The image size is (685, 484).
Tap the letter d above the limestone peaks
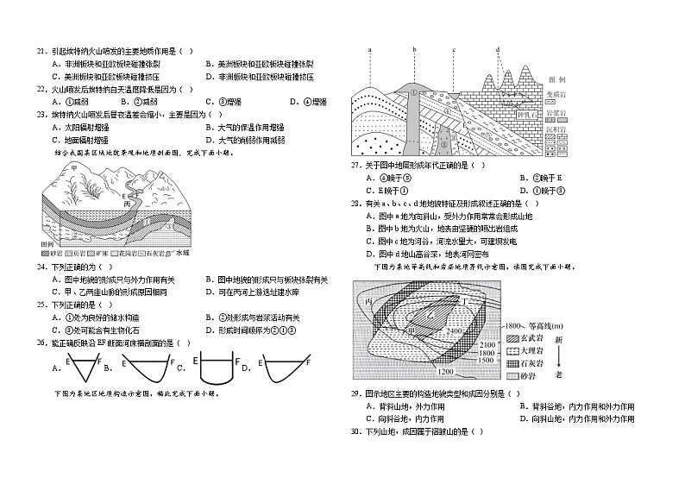[498, 50]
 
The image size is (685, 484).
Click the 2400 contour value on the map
[456, 330]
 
